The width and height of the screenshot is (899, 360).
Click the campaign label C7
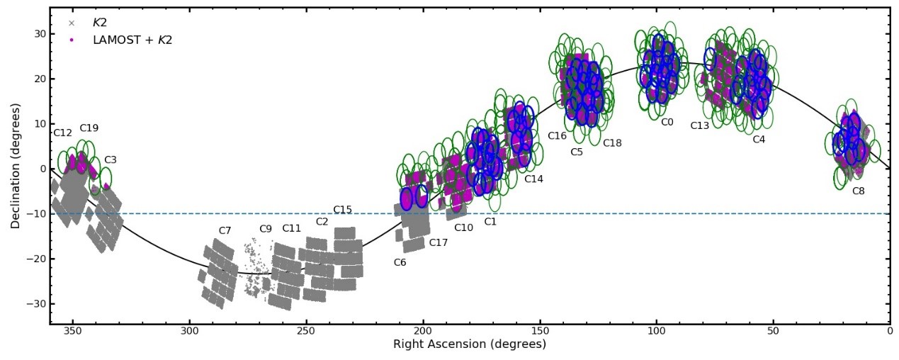coord(225,231)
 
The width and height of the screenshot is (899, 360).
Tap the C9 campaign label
coord(266,229)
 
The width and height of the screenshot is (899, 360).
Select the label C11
coord(291,228)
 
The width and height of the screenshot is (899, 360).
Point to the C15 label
coord(342,210)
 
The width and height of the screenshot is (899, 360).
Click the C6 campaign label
coord(400,263)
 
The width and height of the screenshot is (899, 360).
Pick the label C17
coord(439,243)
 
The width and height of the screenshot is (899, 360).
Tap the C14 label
coord(533,179)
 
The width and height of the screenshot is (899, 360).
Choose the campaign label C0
coord(667,122)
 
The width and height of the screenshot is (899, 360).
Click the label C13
coord(700,126)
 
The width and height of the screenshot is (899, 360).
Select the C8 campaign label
coord(858,191)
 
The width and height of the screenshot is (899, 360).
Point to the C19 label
coord(89,128)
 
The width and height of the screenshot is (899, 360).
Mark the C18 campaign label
coord(612,143)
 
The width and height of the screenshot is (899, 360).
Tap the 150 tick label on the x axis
coord(540,330)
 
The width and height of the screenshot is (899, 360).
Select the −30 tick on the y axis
coord(35,304)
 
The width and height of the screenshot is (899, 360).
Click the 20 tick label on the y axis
coord(39,79)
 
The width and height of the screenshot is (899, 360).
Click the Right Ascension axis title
coord(470,344)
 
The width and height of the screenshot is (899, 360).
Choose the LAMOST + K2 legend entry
coord(132,40)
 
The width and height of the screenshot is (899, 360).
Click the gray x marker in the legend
coord(71,23)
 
